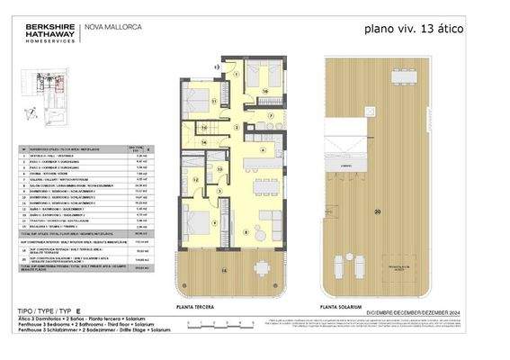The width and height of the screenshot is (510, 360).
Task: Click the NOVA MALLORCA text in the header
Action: (112, 26)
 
